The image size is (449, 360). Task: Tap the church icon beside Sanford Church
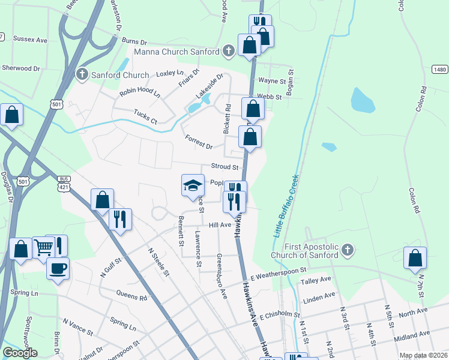(82, 75)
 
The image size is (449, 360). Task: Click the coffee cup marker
(58, 269)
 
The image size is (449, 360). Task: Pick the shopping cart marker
(43, 247)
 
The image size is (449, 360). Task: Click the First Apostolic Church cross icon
(347, 249)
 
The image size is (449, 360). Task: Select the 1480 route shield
(439, 70)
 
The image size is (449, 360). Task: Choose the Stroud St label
(224, 167)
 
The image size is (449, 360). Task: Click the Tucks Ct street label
(145, 116)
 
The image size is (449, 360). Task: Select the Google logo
(20, 352)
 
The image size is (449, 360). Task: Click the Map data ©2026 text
(423, 355)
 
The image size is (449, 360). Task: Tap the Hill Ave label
(220, 224)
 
